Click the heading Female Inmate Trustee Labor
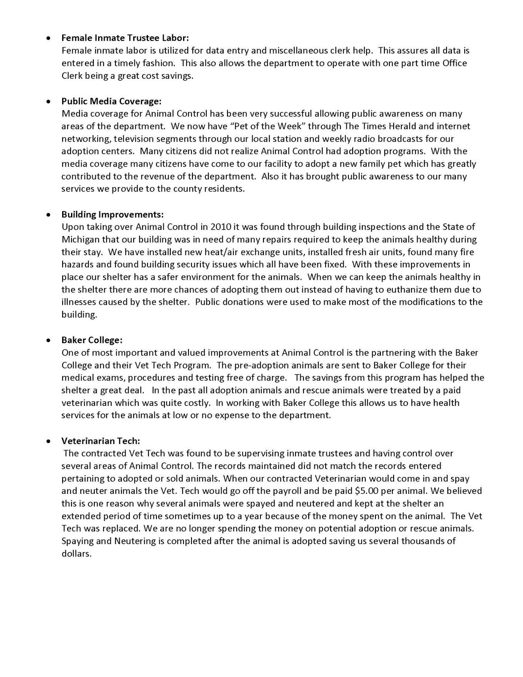125,38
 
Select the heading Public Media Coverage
112,101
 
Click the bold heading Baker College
92,340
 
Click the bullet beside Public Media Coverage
49,102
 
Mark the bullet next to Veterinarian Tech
49,441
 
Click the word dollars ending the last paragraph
76,554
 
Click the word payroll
320,491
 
